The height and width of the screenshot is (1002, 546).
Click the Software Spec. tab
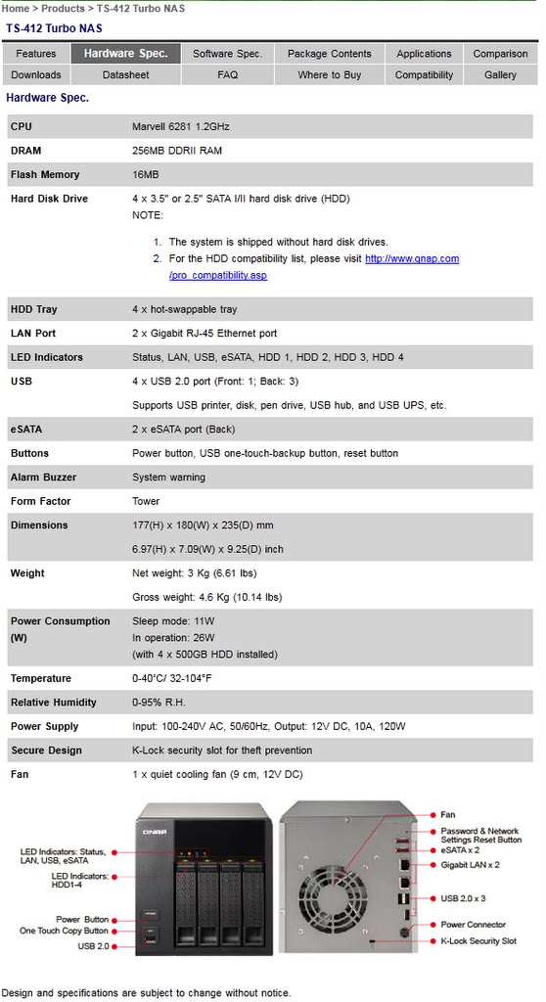(x=227, y=54)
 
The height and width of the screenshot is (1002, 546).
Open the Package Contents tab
(x=329, y=54)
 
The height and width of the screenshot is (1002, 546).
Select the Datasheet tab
(x=125, y=74)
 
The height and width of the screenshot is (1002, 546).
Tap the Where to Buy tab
(x=329, y=74)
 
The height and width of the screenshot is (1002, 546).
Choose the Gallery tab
(x=500, y=74)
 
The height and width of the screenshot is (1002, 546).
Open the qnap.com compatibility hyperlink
(x=411, y=258)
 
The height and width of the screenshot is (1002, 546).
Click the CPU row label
(x=22, y=126)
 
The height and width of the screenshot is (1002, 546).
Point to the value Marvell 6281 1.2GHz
(x=181, y=126)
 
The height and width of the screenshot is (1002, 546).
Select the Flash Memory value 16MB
(x=146, y=174)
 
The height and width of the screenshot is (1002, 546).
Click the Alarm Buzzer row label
(x=43, y=478)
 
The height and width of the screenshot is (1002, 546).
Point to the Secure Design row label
(x=46, y=751)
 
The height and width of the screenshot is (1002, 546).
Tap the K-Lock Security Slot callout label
(x=478, y=941)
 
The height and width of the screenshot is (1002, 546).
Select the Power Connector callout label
(x=474, y=925)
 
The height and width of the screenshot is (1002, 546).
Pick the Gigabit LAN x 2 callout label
(x=470, y=865)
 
